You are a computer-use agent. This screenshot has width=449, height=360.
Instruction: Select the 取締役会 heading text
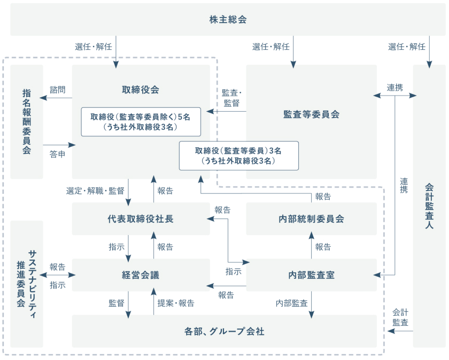click(141, 90)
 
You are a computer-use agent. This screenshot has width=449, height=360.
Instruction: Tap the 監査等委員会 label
click(311, 114)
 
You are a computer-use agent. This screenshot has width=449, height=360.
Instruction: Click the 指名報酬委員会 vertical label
click(27, 121)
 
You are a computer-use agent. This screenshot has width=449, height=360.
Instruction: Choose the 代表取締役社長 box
click(141, 218)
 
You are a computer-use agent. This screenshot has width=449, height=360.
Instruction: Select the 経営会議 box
click(141, 275)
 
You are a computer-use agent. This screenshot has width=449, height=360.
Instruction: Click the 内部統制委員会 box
click(311, 218)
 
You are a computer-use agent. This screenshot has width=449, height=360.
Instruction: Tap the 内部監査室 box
click(311, 275)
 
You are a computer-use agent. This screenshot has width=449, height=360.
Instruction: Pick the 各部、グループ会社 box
click(224, 331)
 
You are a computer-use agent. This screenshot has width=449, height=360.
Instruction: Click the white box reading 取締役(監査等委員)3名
click(238, 155)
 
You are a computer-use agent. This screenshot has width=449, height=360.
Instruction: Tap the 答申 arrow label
click(58, 154)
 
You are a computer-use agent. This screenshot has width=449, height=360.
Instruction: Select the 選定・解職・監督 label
click(95, 191)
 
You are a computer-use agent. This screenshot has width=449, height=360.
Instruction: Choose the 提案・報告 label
click(176, 303)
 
